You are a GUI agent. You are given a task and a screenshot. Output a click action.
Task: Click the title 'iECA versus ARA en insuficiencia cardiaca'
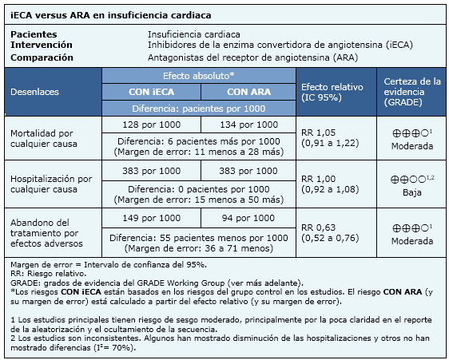[111, 15]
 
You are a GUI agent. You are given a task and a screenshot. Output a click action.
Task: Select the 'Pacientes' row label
[34, 34]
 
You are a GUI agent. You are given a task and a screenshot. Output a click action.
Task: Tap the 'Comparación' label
[42, 57]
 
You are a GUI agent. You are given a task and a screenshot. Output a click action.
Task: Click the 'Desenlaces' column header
[34, 92]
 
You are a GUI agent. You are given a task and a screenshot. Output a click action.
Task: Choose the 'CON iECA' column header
[151, 92]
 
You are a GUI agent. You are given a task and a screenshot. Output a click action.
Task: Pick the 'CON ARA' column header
[248, 92]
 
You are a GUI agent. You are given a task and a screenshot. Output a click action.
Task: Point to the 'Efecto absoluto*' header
[199, 76]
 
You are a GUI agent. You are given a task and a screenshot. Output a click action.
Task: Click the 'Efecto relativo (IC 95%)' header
[332, 92]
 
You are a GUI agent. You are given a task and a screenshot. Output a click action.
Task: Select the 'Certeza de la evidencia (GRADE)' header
[412, 92]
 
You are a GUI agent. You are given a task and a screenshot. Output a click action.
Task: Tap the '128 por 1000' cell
[152, 125]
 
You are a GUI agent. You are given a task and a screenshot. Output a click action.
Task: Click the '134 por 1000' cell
[248, 125]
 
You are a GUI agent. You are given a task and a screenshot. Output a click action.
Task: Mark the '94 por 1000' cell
[248, 218]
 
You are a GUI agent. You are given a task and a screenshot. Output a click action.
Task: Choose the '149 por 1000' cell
[152, 218]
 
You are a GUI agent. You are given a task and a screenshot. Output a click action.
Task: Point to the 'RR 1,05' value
[318, 133]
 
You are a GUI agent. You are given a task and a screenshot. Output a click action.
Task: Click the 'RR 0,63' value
[318, 227]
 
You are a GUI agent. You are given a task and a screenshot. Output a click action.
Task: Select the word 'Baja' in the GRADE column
[412, 192]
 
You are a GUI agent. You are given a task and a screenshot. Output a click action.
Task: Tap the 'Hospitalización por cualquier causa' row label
[51, 184]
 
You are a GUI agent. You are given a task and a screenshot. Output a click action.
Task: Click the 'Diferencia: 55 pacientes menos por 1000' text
[199, 238]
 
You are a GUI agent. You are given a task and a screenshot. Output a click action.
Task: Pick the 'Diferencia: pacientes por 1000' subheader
[199, 109]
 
